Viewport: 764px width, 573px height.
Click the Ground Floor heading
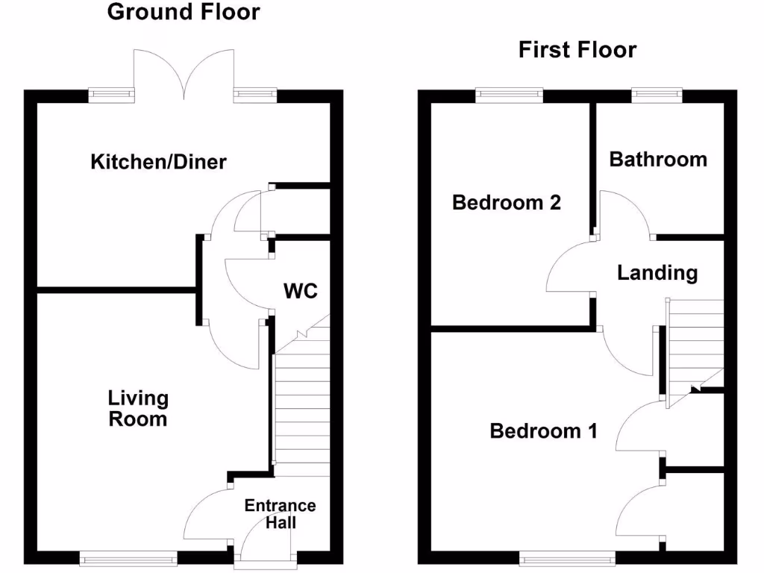[x=184, y=12]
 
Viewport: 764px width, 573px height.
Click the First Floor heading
[x=577, y=50]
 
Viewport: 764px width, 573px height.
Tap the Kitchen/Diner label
[x=158, y=162]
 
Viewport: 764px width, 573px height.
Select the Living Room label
[x=138, y=409]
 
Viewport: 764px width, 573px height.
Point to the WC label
[x=300, y=291]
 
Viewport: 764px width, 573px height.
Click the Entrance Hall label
[x=280, y=514]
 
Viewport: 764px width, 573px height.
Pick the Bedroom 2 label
[x=507, y=202]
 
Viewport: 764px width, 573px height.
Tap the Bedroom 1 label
[x=543, y=431]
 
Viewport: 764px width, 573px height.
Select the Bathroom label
[x=658, y=159]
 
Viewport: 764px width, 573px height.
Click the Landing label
[x=657, y=273]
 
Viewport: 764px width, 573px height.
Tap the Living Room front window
[x=128, y=557]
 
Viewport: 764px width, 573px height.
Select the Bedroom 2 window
[x=509, y=94]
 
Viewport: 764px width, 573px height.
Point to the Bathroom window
[x=657, y=94]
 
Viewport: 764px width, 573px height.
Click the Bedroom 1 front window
[x=568, y=557]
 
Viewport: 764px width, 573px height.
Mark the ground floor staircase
[x=302, y=415]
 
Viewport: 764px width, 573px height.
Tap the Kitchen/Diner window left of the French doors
[x=111, y=94]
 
